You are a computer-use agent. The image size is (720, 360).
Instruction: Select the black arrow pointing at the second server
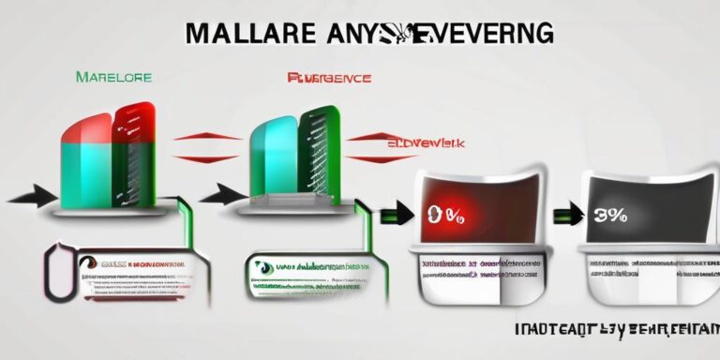(x=221, y=195)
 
